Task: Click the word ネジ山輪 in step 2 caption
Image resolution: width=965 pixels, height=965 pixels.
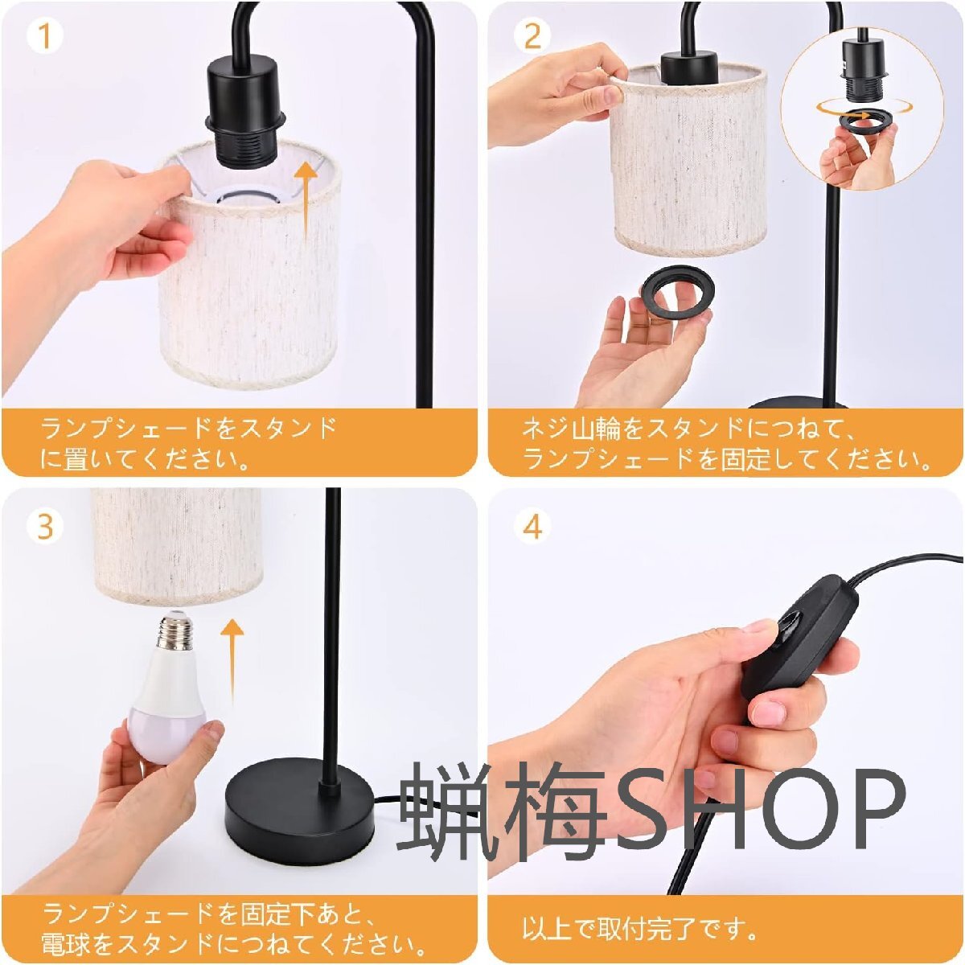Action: (571, 430)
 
